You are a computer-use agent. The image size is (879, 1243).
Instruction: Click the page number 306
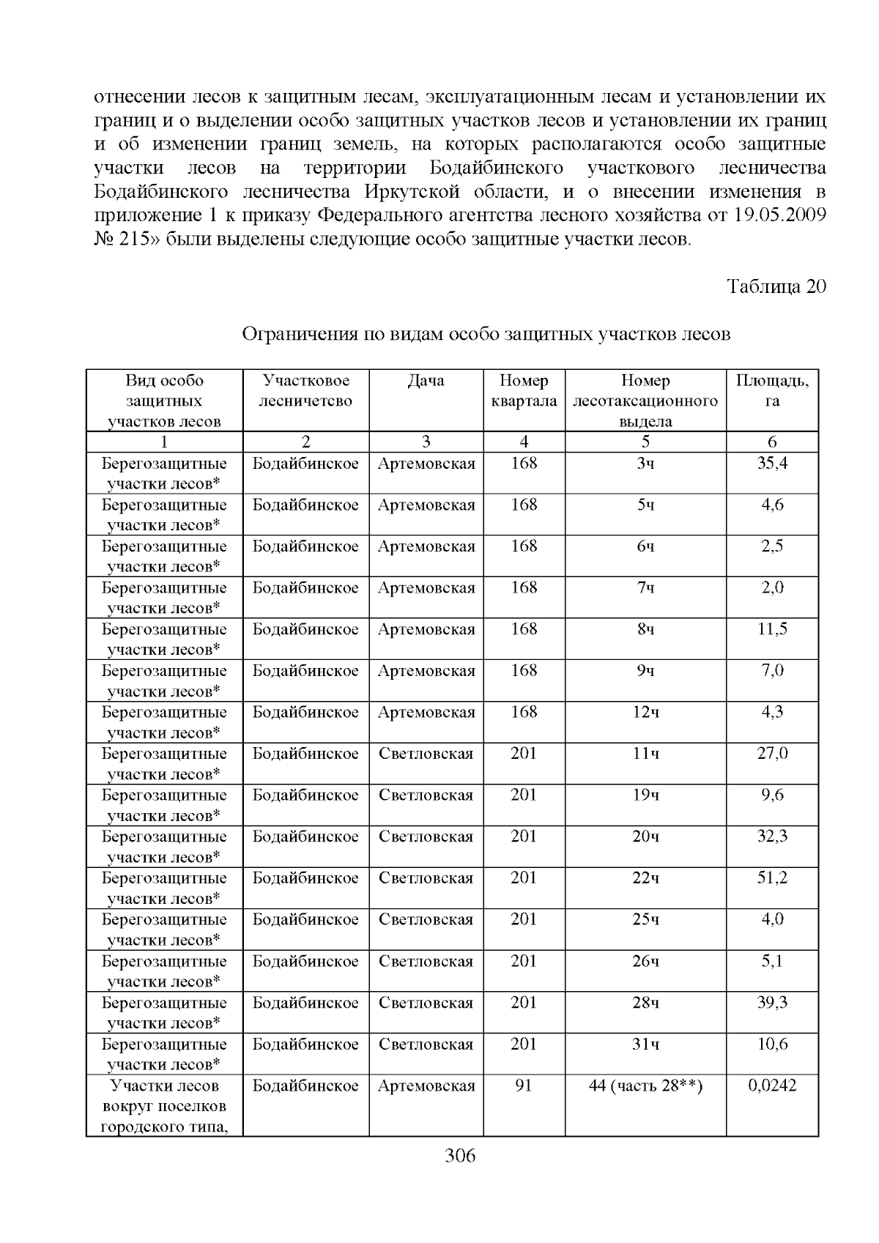460,1157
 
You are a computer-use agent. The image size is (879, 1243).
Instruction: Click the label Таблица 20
776,286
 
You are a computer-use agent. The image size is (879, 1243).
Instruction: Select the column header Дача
426,381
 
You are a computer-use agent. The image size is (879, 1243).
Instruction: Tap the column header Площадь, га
772,391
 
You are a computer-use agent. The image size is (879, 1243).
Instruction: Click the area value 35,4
772,463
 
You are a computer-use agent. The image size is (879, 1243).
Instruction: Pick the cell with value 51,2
772,877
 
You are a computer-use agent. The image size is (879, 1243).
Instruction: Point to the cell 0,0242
772,1086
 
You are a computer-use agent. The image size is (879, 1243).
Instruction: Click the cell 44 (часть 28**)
645,1086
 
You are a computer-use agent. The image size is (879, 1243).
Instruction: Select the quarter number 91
524,1086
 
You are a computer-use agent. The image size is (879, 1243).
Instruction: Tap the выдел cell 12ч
645,712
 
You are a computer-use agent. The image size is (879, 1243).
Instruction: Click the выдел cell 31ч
645,1044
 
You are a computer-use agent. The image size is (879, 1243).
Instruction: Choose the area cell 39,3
772,1002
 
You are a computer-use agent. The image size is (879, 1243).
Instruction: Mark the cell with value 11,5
772,629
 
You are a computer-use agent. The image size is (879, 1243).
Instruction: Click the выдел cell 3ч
645,463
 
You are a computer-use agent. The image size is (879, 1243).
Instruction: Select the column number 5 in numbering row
645,442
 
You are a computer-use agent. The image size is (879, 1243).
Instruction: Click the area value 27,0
772,753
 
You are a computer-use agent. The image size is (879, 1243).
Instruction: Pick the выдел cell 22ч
645,877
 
